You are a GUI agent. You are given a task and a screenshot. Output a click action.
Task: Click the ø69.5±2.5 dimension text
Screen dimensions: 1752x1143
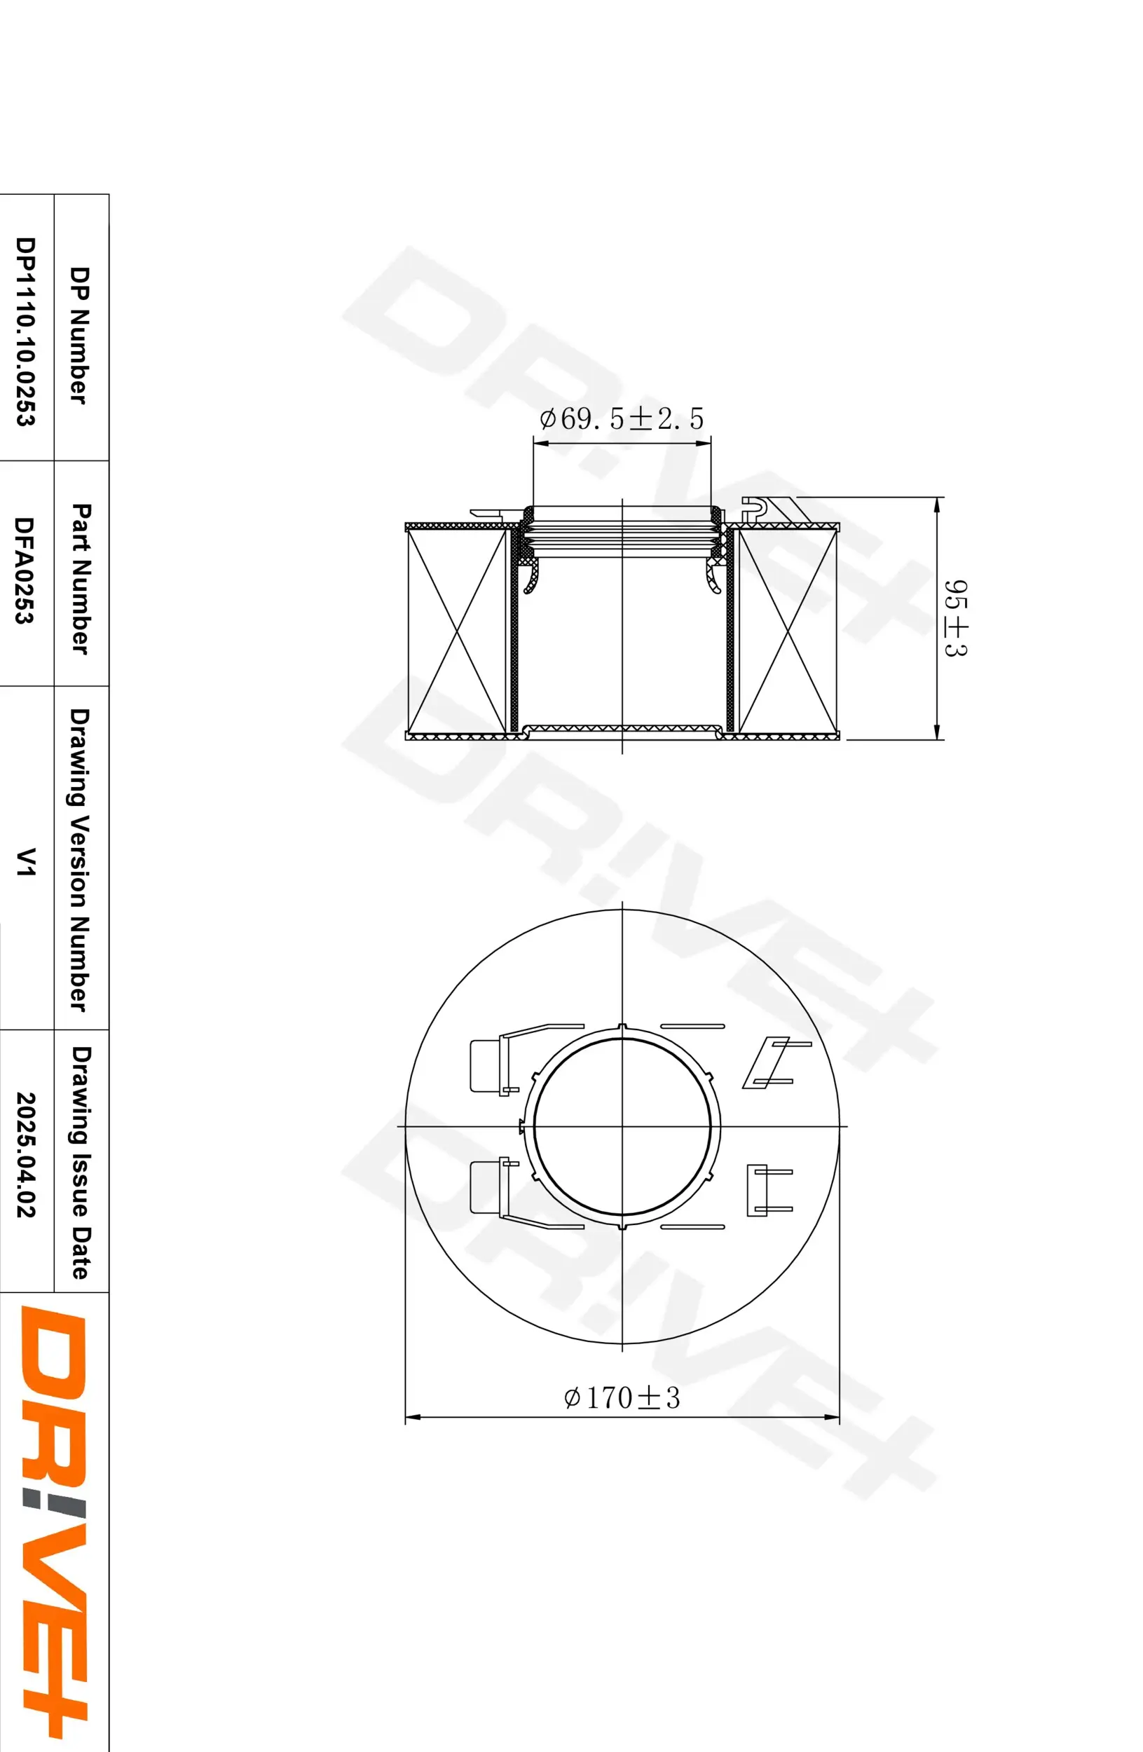point(622,419)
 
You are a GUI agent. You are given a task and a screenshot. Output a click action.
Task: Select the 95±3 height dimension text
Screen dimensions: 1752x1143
point(955,617)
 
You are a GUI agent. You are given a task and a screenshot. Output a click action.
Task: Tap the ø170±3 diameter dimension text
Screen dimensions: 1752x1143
point(622,1397)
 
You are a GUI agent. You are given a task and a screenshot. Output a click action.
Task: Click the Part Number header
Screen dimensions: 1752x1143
point(80,579)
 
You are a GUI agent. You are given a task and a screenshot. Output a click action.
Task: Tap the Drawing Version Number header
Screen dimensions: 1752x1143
point(78,860)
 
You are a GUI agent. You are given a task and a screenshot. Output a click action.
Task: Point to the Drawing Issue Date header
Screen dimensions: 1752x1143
point(80,1163)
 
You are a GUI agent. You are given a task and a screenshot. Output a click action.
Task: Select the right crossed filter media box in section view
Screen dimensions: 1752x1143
point(788,631)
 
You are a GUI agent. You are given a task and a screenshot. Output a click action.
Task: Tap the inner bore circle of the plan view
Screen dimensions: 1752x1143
point(622,1126)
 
